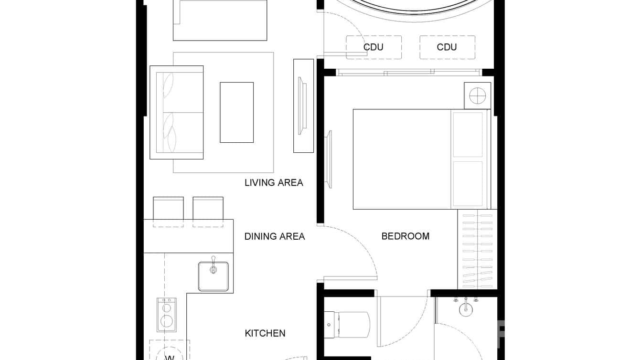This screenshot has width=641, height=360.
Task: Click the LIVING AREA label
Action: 274,182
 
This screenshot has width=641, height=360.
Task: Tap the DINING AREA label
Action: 274,236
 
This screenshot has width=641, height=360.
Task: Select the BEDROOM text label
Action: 405,236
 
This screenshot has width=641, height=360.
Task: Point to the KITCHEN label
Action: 265,333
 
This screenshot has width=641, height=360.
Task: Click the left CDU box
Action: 374,47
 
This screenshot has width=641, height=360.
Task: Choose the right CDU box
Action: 447,47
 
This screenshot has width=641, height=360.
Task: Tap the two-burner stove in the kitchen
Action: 167,315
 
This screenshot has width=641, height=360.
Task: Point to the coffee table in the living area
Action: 236,112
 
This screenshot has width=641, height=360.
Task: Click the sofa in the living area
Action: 177,112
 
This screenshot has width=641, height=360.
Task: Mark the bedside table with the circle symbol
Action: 477,96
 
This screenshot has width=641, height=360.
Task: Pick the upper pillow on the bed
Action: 468,135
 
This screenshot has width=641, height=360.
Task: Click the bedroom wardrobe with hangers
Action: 477,249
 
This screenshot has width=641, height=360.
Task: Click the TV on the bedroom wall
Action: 329,159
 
